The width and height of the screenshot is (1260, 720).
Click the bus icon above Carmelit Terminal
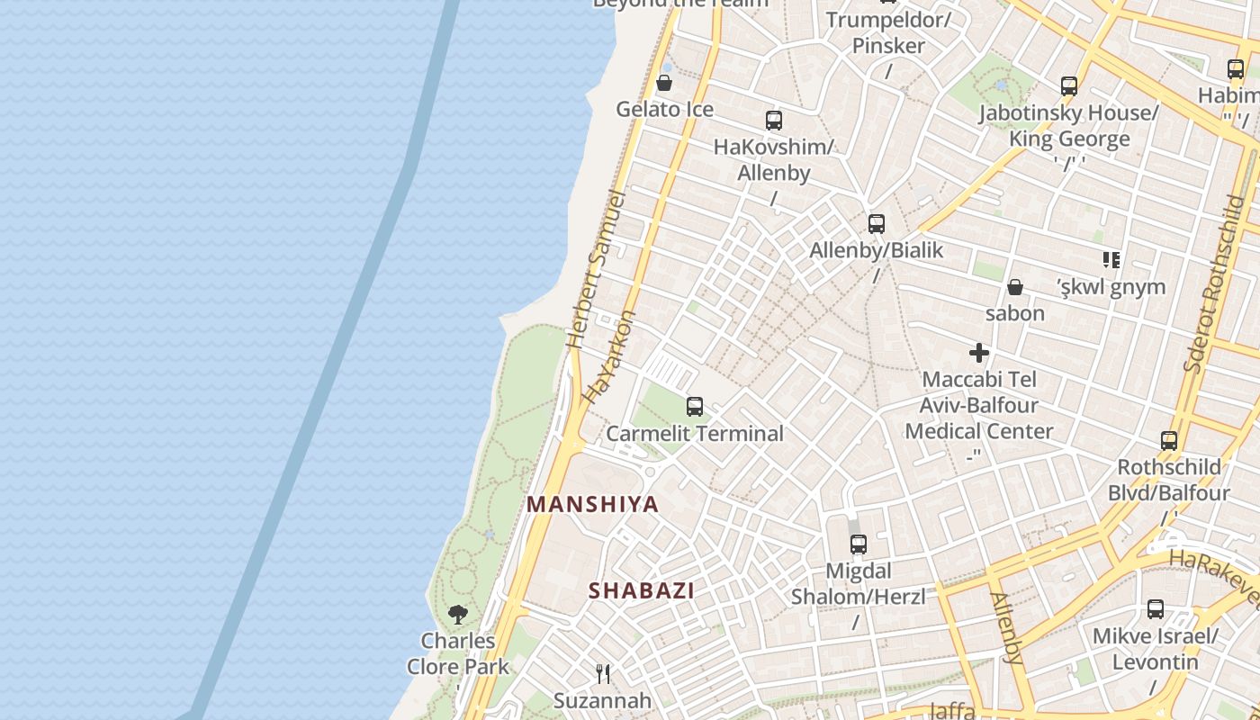(694, 407)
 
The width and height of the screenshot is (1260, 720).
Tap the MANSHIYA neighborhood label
(592, 504)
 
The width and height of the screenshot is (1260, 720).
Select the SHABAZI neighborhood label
(641, 590)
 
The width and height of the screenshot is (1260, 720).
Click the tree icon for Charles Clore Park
(457, 615)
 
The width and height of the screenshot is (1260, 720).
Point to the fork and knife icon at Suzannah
(603, 673)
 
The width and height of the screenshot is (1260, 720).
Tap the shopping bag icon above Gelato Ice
(664, 84)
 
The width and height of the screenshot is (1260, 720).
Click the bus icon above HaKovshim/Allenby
(773, 121)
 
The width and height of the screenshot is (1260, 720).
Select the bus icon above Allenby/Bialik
(876, 224)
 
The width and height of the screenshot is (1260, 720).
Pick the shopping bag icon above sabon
(1014, 287)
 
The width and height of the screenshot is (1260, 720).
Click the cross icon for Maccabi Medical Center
(978, 353)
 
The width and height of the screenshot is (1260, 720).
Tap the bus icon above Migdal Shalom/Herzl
(858, 544)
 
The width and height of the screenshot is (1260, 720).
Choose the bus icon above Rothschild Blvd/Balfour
(1168, 441)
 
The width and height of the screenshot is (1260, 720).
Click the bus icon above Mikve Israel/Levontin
(1155, 609)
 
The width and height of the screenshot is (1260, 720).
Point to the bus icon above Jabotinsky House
(1068, 86)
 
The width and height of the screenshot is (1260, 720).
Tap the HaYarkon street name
(609, 356)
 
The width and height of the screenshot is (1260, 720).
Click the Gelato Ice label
(664, 110)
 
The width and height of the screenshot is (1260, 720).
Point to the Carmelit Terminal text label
(694, 433)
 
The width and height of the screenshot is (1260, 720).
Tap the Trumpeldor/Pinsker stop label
(887, 32)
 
